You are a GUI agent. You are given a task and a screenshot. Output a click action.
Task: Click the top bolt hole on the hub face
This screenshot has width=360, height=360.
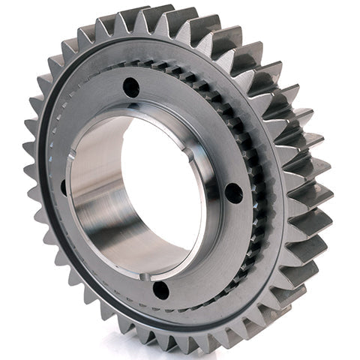coord(131,87)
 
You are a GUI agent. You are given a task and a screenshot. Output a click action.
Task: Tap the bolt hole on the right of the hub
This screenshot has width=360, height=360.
coord(234,193)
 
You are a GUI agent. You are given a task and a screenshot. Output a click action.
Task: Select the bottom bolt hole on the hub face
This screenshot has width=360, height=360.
coord(160,289)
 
